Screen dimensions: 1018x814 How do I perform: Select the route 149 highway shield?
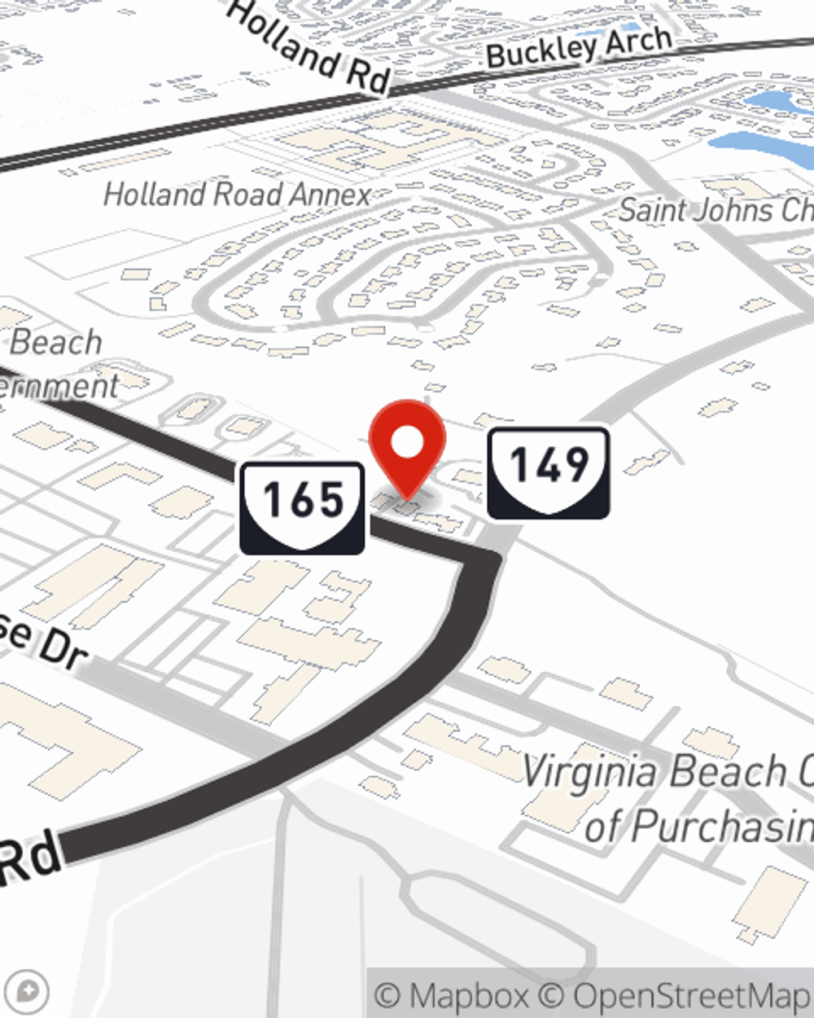(549, 472)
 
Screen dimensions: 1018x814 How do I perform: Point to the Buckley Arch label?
(580, 46)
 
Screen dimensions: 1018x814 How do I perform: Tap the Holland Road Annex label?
(237, 195)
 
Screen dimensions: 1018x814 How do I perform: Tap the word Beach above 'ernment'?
(55, 342)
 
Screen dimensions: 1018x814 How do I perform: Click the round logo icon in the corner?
(30, 992)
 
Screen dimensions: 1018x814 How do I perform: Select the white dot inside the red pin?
(407, 444)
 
